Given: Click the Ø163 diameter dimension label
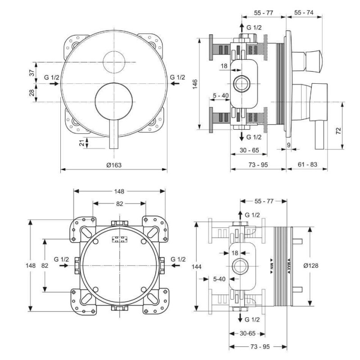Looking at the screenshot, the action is click(114, 165).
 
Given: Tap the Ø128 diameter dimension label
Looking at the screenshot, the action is click(311, 265).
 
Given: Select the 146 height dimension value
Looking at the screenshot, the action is click(195, 84).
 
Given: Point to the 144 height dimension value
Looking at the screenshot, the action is click(197, 266).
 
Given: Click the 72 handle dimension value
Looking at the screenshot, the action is click(338, 131).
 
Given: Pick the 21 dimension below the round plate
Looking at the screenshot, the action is click(82, 143).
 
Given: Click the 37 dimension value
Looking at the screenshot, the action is click(32, 73).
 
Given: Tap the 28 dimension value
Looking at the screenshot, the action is click(32, 93).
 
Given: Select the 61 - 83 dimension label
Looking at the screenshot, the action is click(307, 164).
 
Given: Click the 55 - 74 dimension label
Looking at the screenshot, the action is click(304, 13).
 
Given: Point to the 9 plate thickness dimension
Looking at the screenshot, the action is click(288, 145).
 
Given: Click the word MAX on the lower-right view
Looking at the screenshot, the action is click(289, 266).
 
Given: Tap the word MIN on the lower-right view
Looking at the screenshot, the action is click(271, 266).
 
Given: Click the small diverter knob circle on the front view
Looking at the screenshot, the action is click(125, 62).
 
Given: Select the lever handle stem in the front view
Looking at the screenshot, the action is click(114, 134).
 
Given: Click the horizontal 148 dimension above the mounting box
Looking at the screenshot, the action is click(119, 191).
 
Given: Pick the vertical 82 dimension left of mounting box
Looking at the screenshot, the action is click(45, 265).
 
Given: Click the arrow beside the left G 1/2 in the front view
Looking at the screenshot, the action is click(54, 84).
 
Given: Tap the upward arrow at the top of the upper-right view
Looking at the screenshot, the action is click(242, 28).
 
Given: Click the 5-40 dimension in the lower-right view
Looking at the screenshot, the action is click(219, 279).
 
